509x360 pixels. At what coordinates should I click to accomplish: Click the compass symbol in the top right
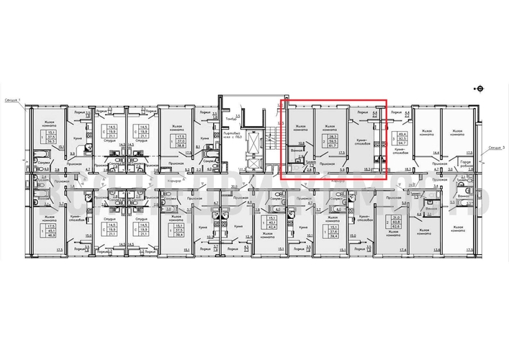480,89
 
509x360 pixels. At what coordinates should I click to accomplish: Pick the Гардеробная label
466,164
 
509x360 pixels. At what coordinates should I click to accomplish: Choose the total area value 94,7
402,143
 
